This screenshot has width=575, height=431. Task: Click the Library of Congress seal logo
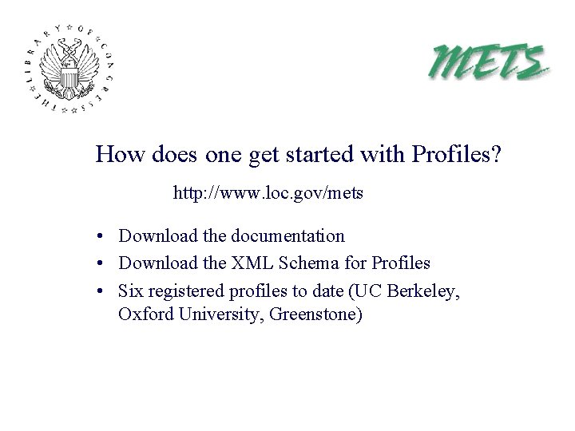(x=70, y=68)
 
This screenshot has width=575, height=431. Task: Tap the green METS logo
(x=490, y=61)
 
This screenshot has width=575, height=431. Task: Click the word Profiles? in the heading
(x=457, y=153)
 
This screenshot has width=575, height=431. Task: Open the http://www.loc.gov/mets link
(x=268, y=193)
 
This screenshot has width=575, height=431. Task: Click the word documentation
(x=287, y=236)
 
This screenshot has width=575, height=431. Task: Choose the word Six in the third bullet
(x=131, y=289)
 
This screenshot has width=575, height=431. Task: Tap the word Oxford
(x=143, y=314)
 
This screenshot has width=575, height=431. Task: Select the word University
(x=218, y=314)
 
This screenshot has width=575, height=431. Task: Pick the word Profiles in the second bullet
(x=401, y=263)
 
